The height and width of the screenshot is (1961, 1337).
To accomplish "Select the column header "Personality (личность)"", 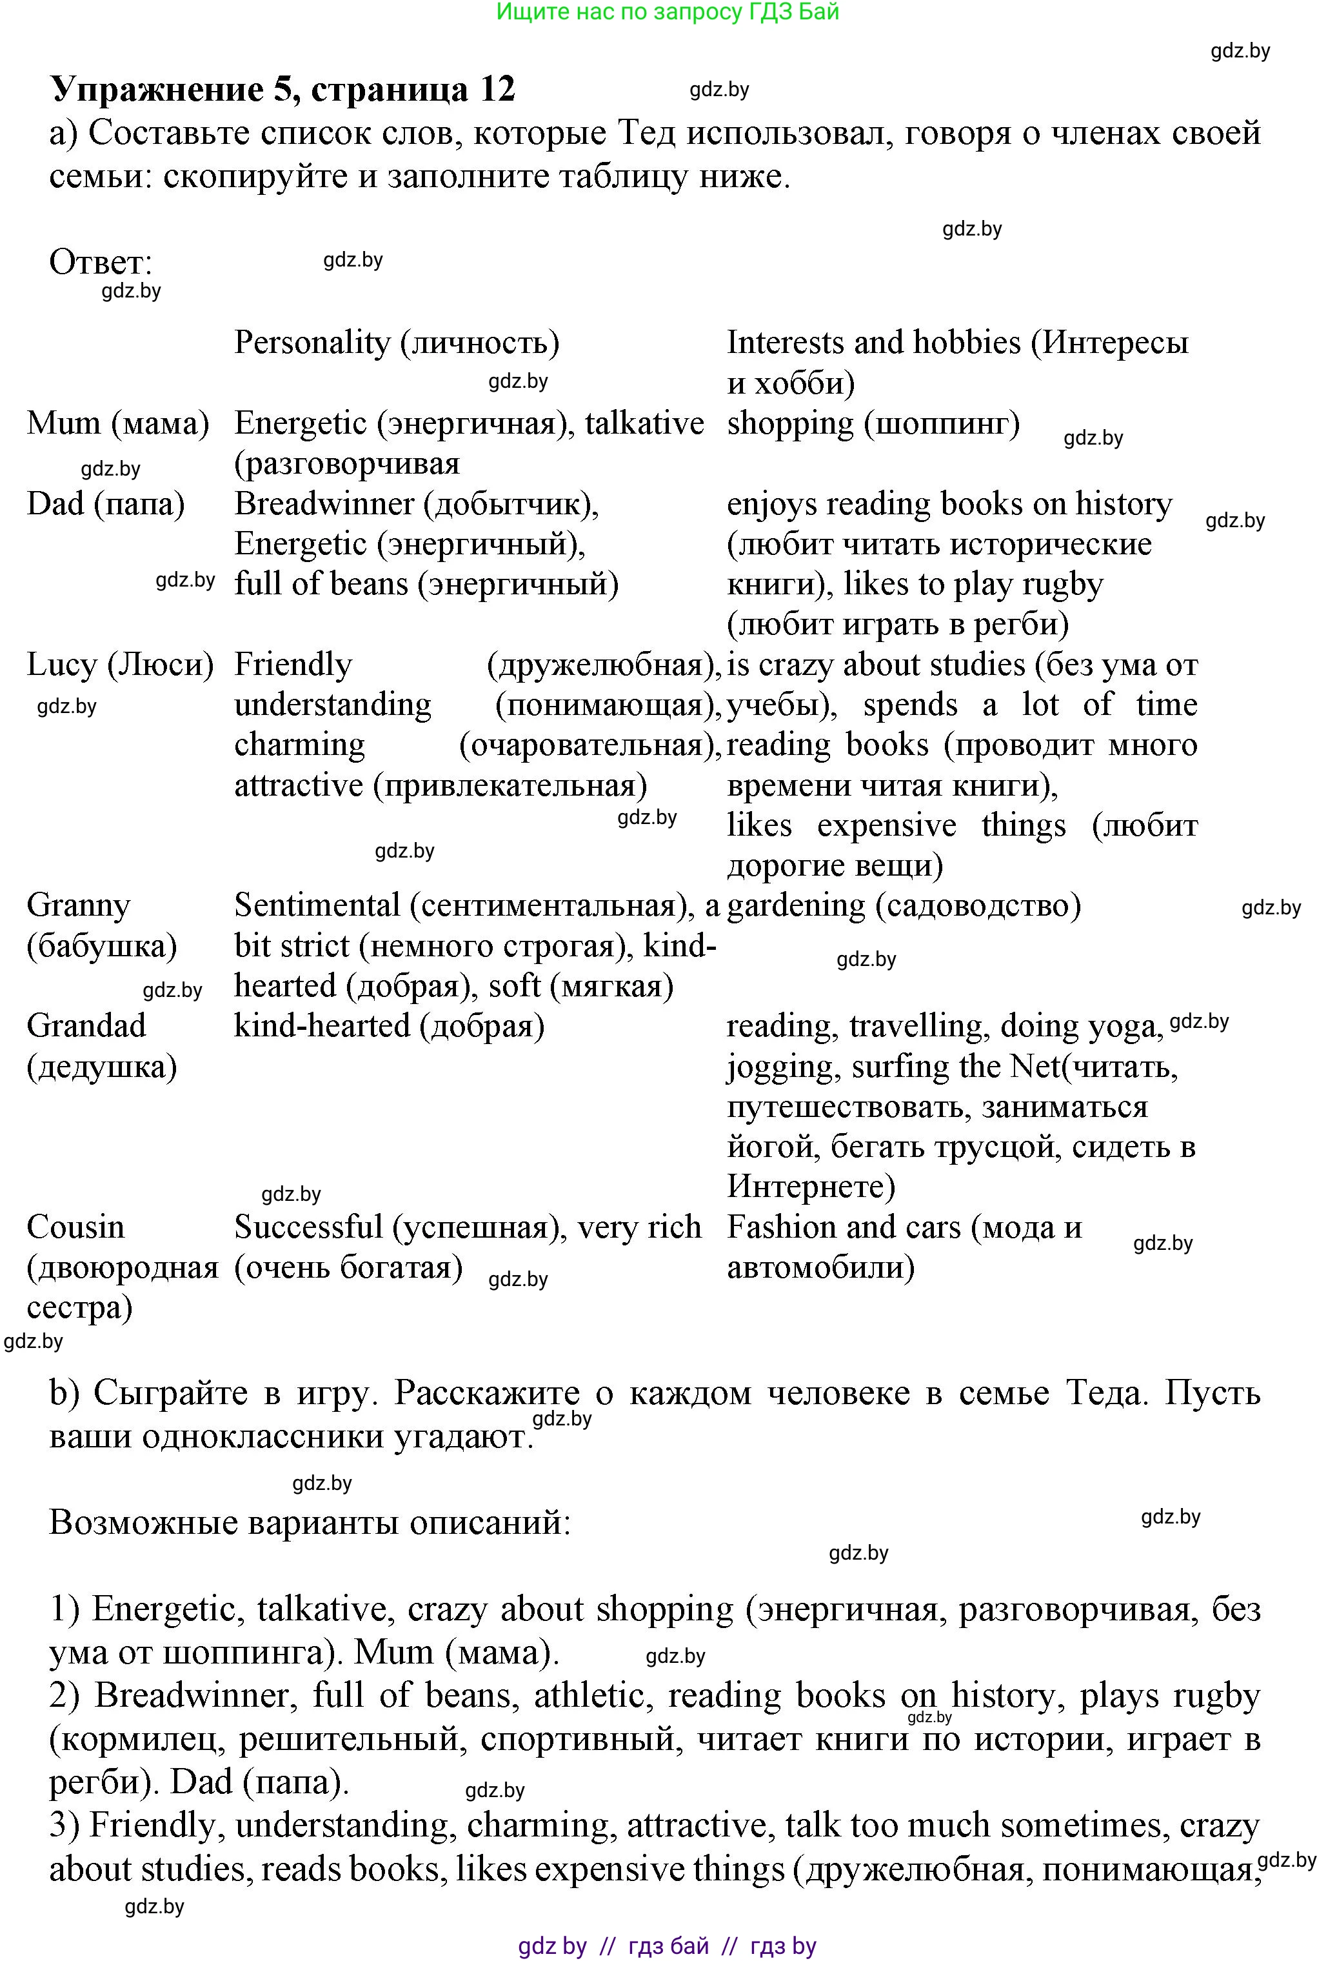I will click(x=397, y=343).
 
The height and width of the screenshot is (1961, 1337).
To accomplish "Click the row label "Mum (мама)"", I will click(x=117, y=423).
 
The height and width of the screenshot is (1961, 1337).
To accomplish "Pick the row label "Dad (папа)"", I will click(x=105, y=504).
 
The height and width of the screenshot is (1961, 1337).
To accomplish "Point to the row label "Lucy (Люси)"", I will click(x=120, y=665).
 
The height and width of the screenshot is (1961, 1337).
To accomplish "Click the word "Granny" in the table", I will click(x=79, y=906).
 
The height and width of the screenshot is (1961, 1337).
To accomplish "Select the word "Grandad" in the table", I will click(x=86, y=1026).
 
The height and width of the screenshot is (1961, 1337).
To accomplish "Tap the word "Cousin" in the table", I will click(x=75, y=1227).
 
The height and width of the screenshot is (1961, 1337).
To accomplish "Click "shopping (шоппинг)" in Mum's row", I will click(x=873, y=423).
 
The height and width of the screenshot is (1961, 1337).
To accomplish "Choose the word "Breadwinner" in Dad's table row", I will click(x=324, y=504).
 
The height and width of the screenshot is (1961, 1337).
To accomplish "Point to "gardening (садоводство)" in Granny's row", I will click(x=904, y=906).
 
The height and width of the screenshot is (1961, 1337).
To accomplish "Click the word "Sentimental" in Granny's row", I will click(x=316, y=906).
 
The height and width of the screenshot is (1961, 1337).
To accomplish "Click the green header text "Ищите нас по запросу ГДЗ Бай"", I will click(x=668, y=12).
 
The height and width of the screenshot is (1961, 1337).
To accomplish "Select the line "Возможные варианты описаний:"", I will click(x=310, y=1523).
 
